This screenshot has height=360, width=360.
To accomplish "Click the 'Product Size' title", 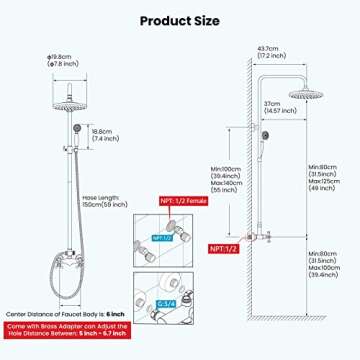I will coord(180,19).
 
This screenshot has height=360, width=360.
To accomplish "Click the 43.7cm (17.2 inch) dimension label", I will coord(267,53).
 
